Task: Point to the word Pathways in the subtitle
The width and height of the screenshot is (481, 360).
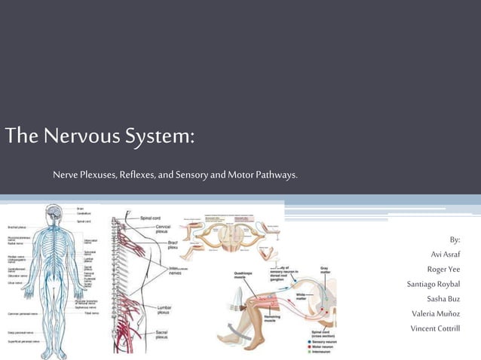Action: click(276, 175)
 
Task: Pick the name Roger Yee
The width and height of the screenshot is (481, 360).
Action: click(443, 270)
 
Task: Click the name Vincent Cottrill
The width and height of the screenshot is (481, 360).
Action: click(435, 328)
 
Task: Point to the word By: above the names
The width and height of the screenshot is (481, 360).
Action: click(454, 240)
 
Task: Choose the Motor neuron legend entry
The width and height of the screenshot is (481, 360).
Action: click(322, 347)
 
